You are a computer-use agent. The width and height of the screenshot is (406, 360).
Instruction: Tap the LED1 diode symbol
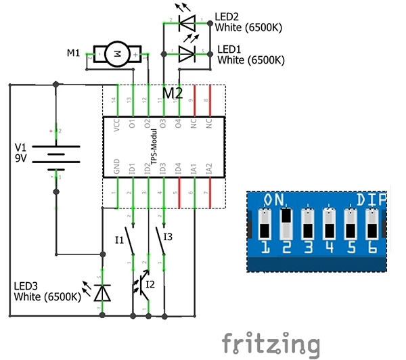pos(187,55)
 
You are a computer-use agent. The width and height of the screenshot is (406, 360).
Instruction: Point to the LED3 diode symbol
pos(102,292)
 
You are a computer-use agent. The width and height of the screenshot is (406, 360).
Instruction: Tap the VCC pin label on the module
pos(118,125)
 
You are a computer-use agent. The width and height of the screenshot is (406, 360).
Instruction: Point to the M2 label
pos(173,93)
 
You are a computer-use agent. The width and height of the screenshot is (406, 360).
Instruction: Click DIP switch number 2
pos(286,224)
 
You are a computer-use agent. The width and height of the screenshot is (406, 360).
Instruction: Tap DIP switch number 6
pos(371,224)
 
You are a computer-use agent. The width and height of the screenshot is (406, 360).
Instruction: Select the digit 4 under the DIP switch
pos(329,247)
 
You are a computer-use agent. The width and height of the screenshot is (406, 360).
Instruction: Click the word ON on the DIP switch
pos(275,200)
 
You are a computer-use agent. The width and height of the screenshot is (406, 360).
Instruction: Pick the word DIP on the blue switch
pos(371,200)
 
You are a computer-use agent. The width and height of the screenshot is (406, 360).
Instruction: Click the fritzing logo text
pos(270,343)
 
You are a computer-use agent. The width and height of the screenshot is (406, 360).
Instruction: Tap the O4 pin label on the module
pos(178,125)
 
